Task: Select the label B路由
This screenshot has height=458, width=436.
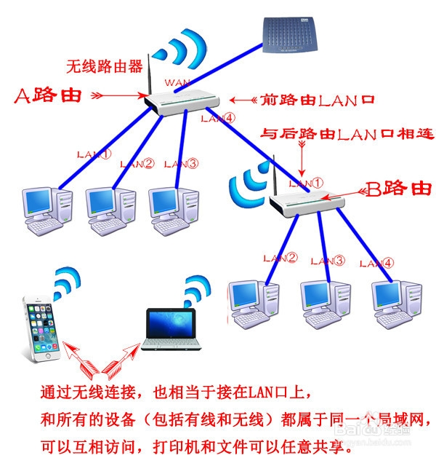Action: click(x=397, y=190)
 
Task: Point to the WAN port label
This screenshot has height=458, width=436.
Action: click(x=177, y=82)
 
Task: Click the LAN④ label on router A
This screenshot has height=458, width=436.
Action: click(x=218, y=117)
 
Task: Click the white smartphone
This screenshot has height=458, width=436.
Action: click(x=39, y=328)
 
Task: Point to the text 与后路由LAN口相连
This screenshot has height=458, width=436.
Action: click(x=347, y=134)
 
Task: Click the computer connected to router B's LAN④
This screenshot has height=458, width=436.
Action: click(x=395, y=301)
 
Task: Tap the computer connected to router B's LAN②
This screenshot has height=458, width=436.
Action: click(x=254, y=301)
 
